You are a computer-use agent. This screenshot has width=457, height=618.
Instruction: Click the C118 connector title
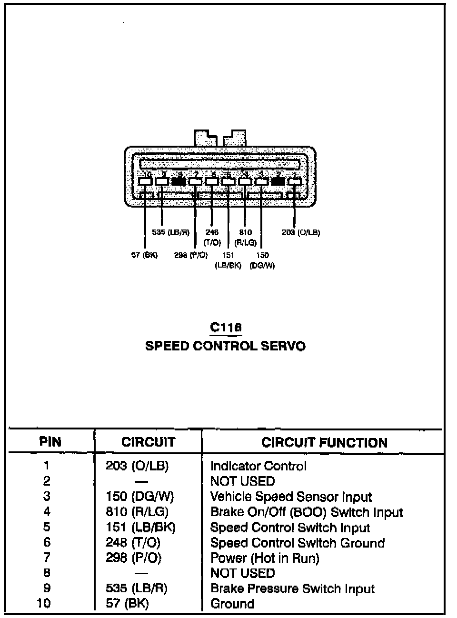click(x=226, y=327)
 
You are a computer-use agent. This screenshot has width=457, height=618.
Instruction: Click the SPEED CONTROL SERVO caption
click(x=225, y=346)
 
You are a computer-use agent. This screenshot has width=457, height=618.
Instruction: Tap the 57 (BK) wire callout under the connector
click(x=144, y=255)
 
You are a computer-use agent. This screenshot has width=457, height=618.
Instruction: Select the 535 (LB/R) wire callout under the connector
click(x=170, y=233)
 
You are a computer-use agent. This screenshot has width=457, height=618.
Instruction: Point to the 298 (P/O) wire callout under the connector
click(x=191, y=255)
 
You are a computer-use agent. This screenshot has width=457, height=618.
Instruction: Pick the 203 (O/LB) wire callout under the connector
click(x=300, y=233)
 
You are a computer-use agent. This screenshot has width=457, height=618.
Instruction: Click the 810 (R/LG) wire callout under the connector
click(x=246, y=237)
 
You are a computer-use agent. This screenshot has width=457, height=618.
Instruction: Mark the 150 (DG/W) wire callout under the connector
click(x=262, y=260)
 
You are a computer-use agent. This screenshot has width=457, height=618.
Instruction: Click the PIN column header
click(x=50, y=442)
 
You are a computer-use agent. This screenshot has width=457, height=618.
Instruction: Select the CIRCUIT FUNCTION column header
click(x=324, y=442)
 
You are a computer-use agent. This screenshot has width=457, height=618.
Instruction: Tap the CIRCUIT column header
click(x=148, y=442)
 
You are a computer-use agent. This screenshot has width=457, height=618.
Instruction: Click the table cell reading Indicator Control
click(x=258, y=466)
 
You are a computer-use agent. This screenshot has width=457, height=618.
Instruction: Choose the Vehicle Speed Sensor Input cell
click(x=291, y=497)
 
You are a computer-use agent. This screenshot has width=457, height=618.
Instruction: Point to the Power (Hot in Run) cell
click(x=265, y=558)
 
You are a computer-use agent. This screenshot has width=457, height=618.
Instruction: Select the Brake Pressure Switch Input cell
click(x=292, y=588)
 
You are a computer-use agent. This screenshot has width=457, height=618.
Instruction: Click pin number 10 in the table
click(x=43, y=603)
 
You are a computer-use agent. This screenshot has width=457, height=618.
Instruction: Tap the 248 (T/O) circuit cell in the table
click(x=133, y=542)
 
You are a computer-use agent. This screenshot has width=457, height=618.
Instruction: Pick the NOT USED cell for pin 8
click(x=242, y=573)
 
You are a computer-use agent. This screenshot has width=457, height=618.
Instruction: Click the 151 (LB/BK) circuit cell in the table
click(x=140, y=527)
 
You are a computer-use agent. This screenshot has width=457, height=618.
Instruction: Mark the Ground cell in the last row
click(x=232, y=604)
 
